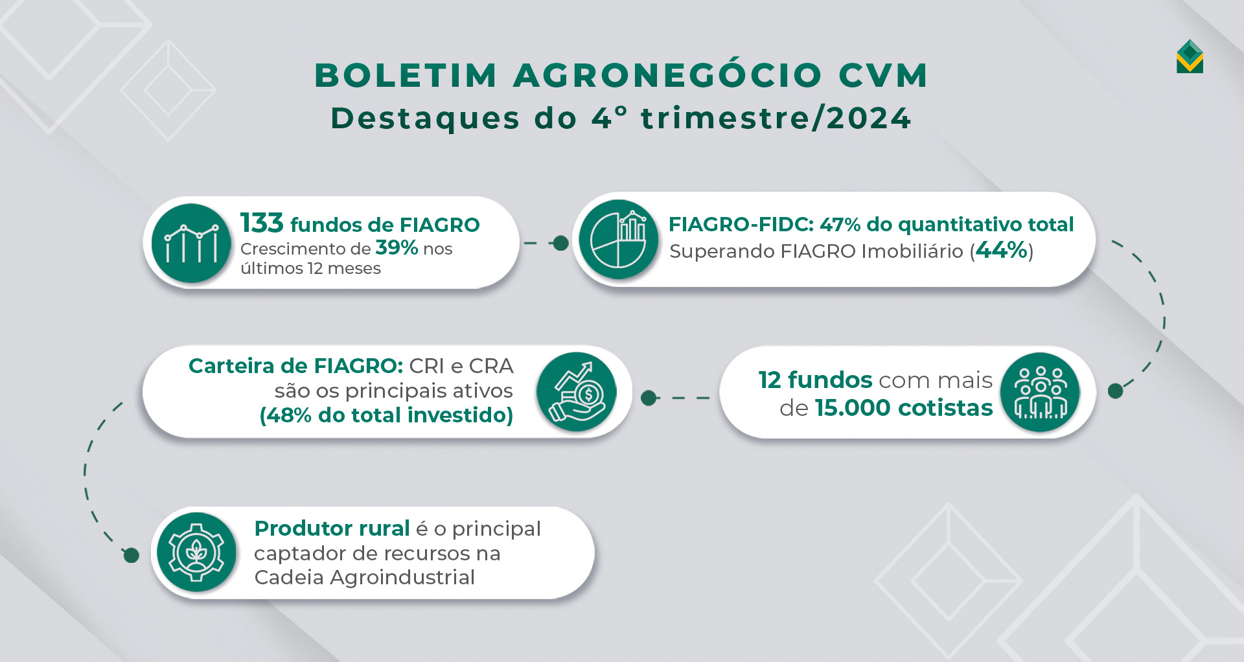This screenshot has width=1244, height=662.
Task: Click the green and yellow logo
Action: [1190, 57]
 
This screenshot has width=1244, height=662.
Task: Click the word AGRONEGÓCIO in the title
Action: [667, 75]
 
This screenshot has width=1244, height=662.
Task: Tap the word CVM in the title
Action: [884, 75]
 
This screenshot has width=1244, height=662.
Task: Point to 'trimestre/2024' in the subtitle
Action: [776, 119]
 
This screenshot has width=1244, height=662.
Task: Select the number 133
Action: [262, 223]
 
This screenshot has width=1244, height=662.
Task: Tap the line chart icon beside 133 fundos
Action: [191, 243]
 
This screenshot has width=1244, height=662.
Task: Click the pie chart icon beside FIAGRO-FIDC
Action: [619, 240]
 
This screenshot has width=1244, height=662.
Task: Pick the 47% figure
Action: [840, 225]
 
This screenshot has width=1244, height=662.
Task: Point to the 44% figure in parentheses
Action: [1002, 250]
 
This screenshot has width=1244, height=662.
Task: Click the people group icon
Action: [1040, 392]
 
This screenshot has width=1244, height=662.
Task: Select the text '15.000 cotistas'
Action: [904, 408]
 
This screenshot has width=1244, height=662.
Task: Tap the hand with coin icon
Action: [577, 392]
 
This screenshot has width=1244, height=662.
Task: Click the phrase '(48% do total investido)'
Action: [386, 415]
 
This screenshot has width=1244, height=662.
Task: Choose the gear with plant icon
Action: [196, 553]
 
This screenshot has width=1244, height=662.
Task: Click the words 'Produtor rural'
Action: [332, 529]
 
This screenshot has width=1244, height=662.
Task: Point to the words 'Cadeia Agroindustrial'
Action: [364, 577]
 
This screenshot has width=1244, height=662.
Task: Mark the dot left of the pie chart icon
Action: [561, 243]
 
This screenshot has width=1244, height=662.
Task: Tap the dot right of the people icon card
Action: [1115, 391]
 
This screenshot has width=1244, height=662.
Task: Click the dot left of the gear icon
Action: [132, 555]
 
